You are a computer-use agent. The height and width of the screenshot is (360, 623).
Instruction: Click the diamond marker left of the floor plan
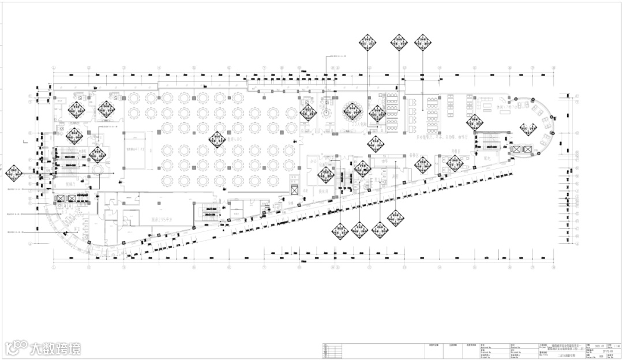click(x=13, y=172)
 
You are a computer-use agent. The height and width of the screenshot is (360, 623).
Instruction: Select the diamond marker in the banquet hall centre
click(x=217, y=139)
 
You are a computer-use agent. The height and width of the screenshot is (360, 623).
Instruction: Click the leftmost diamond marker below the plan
click(x=340, y=231)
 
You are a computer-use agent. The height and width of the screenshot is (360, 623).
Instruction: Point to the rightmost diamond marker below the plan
click(x=395, y=218)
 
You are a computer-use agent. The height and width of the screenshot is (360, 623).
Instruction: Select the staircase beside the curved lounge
click(x=485, y=142)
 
